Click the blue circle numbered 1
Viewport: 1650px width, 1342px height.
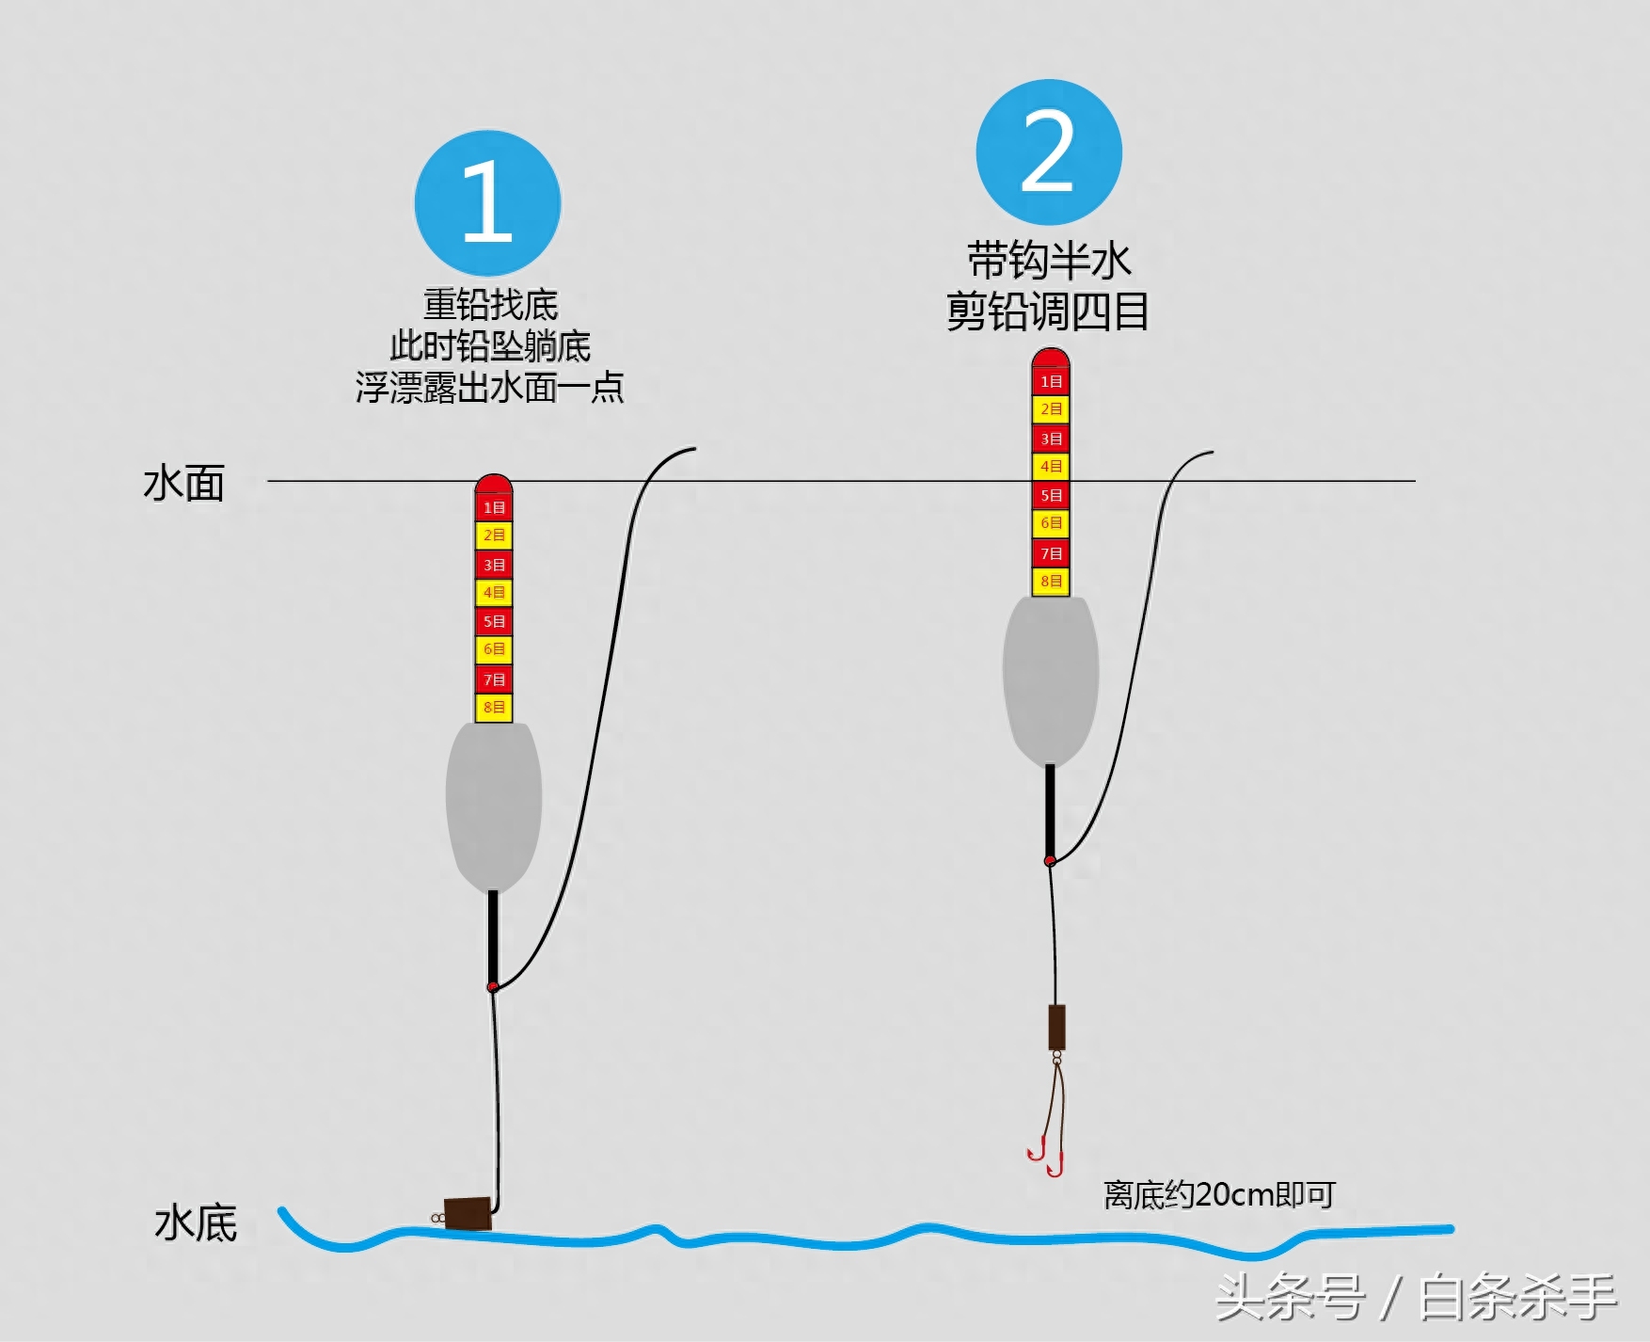(487, 203)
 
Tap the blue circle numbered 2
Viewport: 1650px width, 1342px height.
(1049, 152)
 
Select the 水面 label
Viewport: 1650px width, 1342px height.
(184, 484)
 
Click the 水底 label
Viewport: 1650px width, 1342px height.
(196, 1223)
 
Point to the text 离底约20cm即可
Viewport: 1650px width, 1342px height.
(1219, 1195)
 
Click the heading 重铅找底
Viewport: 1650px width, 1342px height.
(490, 305)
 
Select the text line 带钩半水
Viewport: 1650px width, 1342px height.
(1049, 261)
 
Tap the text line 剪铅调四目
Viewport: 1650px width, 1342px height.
(1047, 312)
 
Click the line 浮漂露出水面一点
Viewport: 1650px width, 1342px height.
(489, 388)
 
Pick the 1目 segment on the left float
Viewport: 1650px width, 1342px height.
(494, 507)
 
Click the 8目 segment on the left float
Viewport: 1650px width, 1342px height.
(494, 707)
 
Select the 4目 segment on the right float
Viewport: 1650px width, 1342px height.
(1051, 466)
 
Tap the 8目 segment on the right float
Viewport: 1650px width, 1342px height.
(1051, 581)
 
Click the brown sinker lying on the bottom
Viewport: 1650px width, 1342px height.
(468, 1213)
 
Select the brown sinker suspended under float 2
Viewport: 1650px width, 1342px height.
(1056, 1028)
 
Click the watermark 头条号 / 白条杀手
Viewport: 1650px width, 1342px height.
(1416, 1298)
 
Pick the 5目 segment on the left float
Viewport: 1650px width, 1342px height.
(494, 621)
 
